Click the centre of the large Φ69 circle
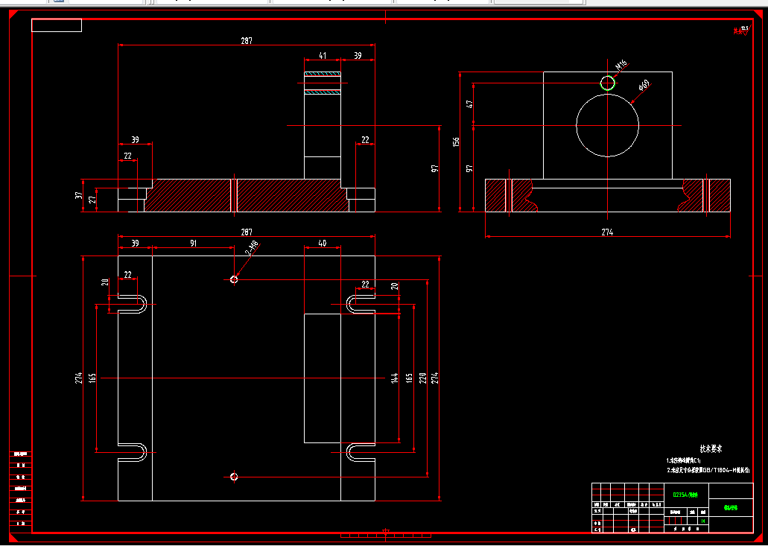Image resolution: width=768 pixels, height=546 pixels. click(607, 125)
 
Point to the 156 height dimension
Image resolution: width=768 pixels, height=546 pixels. click(457, 142)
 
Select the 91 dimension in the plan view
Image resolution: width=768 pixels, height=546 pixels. click(193, 243)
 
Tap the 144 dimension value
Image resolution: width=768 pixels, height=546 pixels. click(394, 378)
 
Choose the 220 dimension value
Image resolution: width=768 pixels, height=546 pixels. click(422, 378)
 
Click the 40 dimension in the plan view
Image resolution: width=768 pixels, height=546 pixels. click(322, 243)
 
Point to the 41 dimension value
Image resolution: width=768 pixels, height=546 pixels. click(322, 55)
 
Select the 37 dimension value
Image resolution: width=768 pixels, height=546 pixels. click(78, 195)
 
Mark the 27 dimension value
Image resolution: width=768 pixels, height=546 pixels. click(92, 200)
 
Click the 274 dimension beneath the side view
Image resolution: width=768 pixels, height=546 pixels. click(607, 232)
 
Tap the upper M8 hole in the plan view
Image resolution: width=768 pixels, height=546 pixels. click(234, 279)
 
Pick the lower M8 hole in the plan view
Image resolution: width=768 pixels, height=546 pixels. click(234, 476)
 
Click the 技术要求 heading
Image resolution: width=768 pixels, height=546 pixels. click(711, 449)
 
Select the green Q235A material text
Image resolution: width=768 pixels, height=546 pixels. click(685, 494)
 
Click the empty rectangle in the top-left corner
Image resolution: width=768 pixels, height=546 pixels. click(57, 25)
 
